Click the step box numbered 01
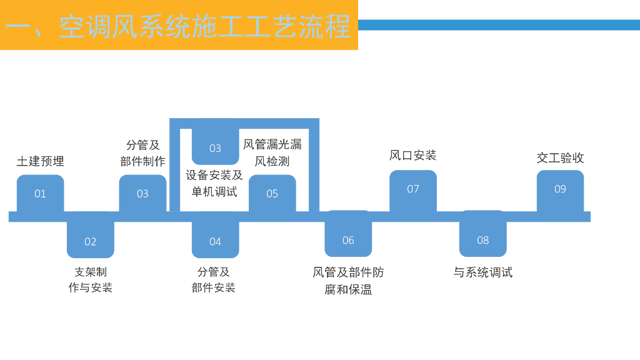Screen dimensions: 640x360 point(40,193)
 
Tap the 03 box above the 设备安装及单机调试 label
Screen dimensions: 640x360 point(215,147)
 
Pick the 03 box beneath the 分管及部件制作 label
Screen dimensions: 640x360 point(142,193)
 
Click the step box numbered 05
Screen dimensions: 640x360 point(272,193)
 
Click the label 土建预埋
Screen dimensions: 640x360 point(40,161)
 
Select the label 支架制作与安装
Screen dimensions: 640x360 point(91,279)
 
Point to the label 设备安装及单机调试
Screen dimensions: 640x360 point(214,183)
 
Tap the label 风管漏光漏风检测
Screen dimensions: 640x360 point(272,152)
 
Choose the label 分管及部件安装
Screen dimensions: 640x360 point(214,279)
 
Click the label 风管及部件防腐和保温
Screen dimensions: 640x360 point(348,281)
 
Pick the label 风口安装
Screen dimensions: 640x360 point(412,155)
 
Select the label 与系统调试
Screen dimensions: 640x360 point(482,272)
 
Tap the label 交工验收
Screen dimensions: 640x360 point(560,157)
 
